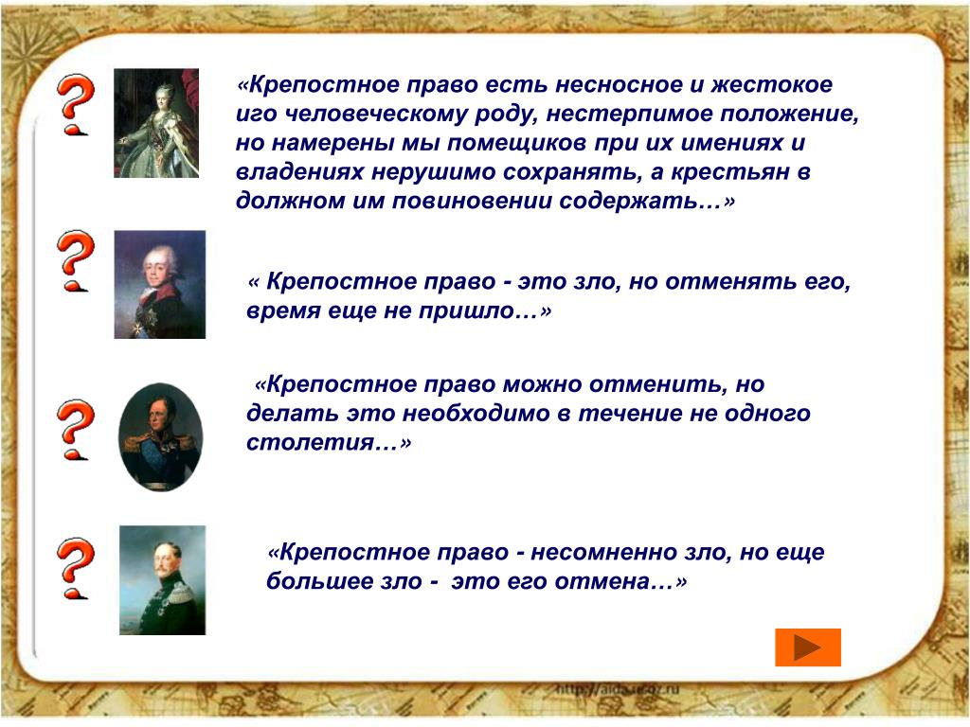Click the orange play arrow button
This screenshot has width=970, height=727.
807,647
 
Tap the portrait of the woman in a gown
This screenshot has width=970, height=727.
156,123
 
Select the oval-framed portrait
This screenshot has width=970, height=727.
160,437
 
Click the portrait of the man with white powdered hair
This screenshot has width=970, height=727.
159,284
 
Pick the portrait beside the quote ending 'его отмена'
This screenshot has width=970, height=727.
162,580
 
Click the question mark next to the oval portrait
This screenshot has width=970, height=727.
76,430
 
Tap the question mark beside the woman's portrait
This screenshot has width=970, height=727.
76,104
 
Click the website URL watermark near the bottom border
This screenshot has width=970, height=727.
618,689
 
